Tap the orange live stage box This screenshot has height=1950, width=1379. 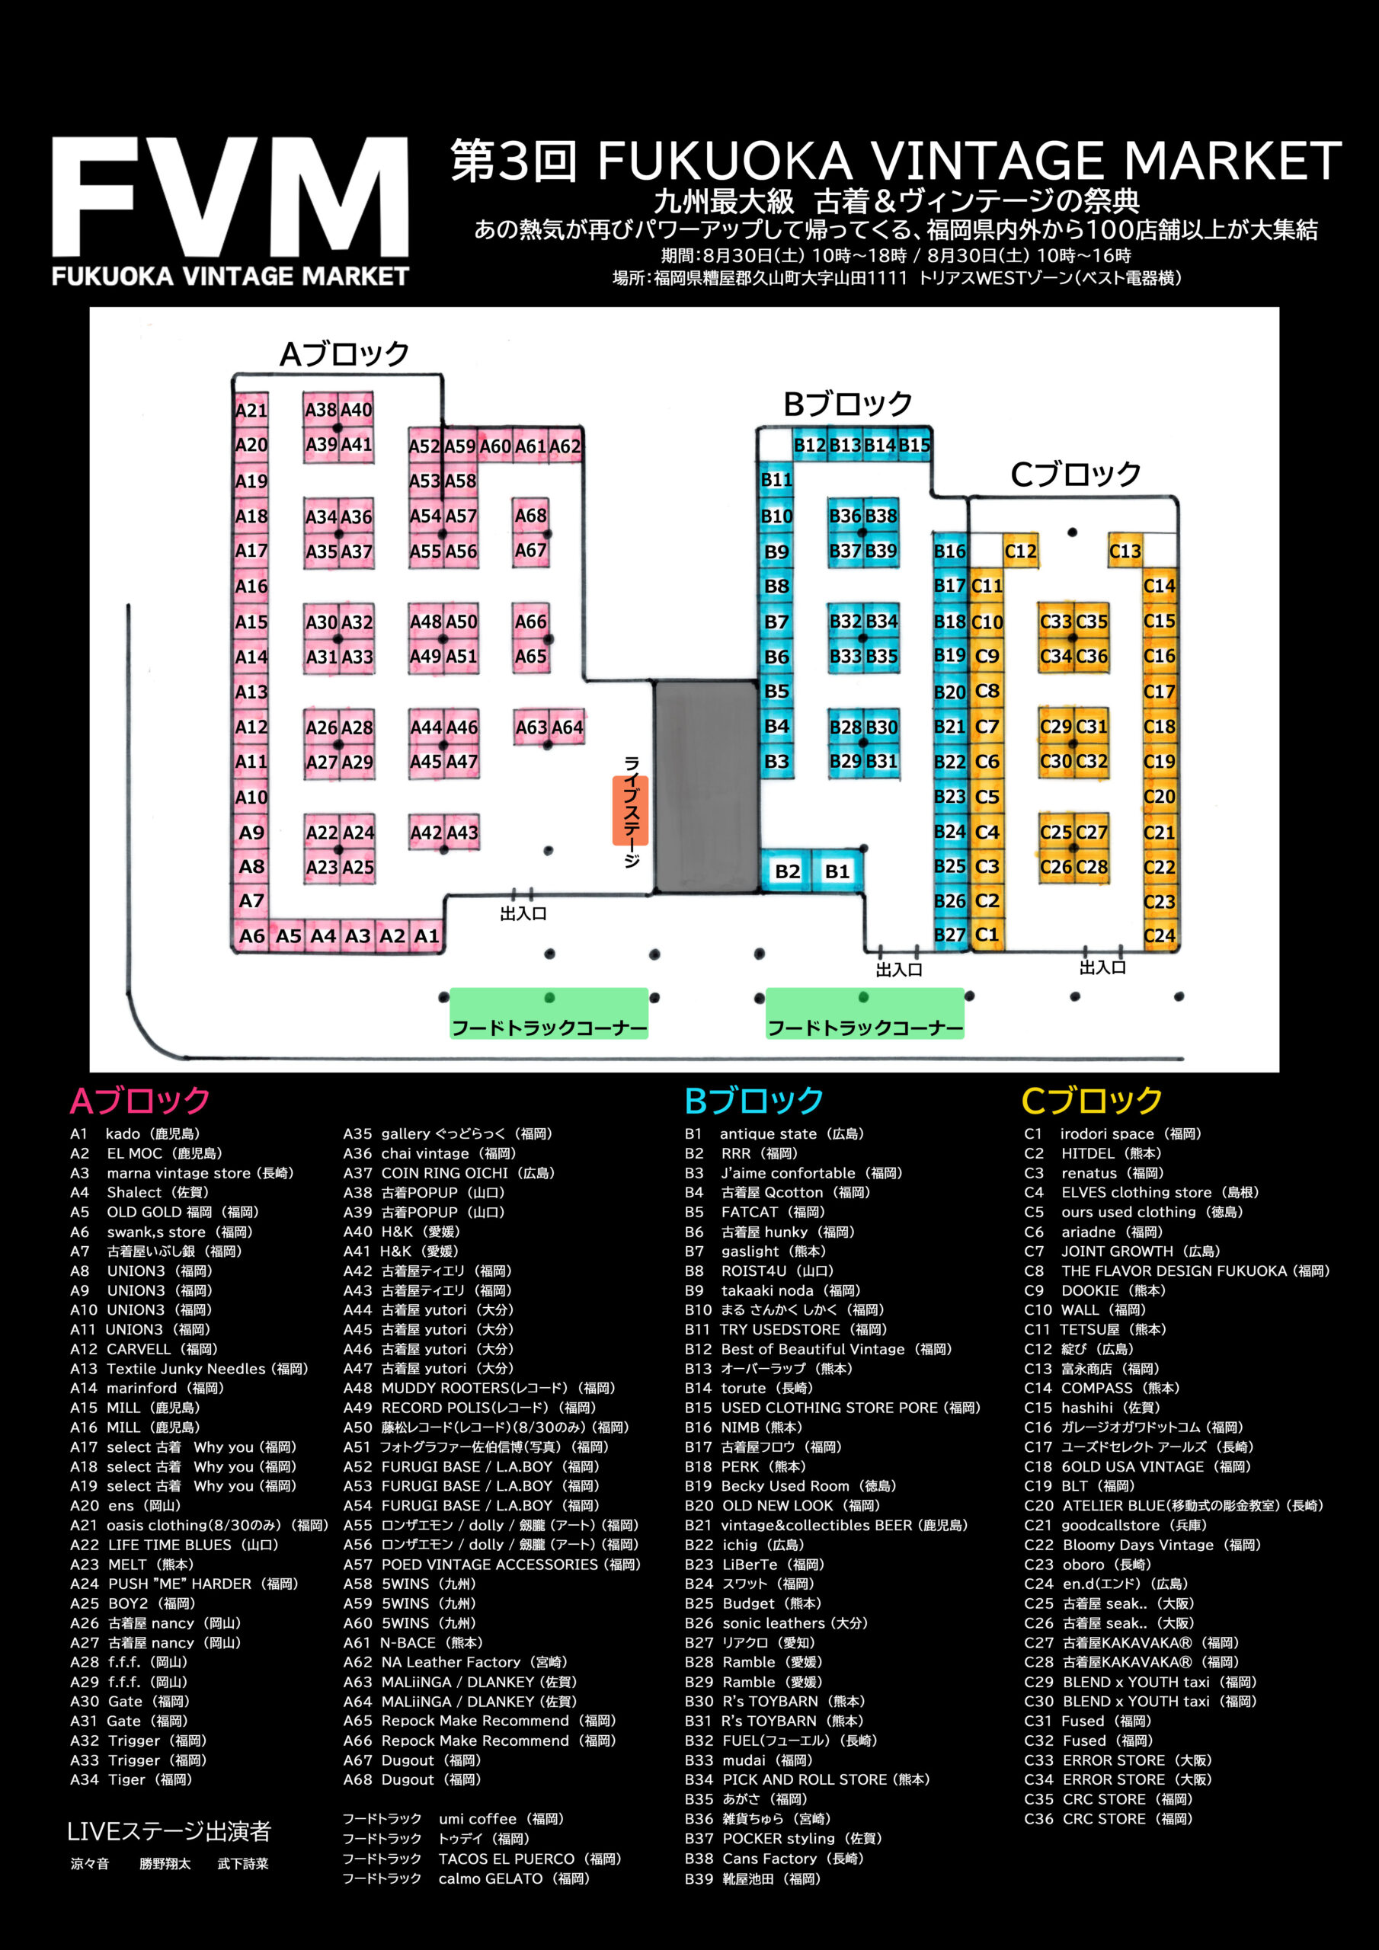[x=630, y=810]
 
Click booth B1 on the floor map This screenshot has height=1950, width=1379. [x=837, y=871]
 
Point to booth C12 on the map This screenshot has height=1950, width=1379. [x=1020, y=551]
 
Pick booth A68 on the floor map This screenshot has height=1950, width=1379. [x=530, y=516]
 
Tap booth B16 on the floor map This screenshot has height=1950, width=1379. [x=950, y=551]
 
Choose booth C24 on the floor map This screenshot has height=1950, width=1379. [x=1159, y=935]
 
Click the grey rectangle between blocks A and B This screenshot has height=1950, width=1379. [x=706, y=785]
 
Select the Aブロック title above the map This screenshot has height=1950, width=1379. [x=344, y=353]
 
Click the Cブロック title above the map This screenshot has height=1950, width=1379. [x=1076, y=474]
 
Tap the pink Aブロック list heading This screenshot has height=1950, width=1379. [x=139, y=1100]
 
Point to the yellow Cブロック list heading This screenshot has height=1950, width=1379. [x=1092, y=1100]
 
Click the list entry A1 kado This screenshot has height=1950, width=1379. [x=135, y=1134]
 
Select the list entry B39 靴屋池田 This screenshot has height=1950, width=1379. [x=753, y=1878]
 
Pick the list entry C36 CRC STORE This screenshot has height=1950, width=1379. [x=1109, y=1819]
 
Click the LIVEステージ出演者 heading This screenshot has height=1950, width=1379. [x=169, y=1831]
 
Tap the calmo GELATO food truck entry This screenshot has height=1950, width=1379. [x=466, y=1878]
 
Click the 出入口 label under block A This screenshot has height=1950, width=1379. [x=523, y=914]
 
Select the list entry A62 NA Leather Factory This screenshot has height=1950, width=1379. [x=456, y=1662]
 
